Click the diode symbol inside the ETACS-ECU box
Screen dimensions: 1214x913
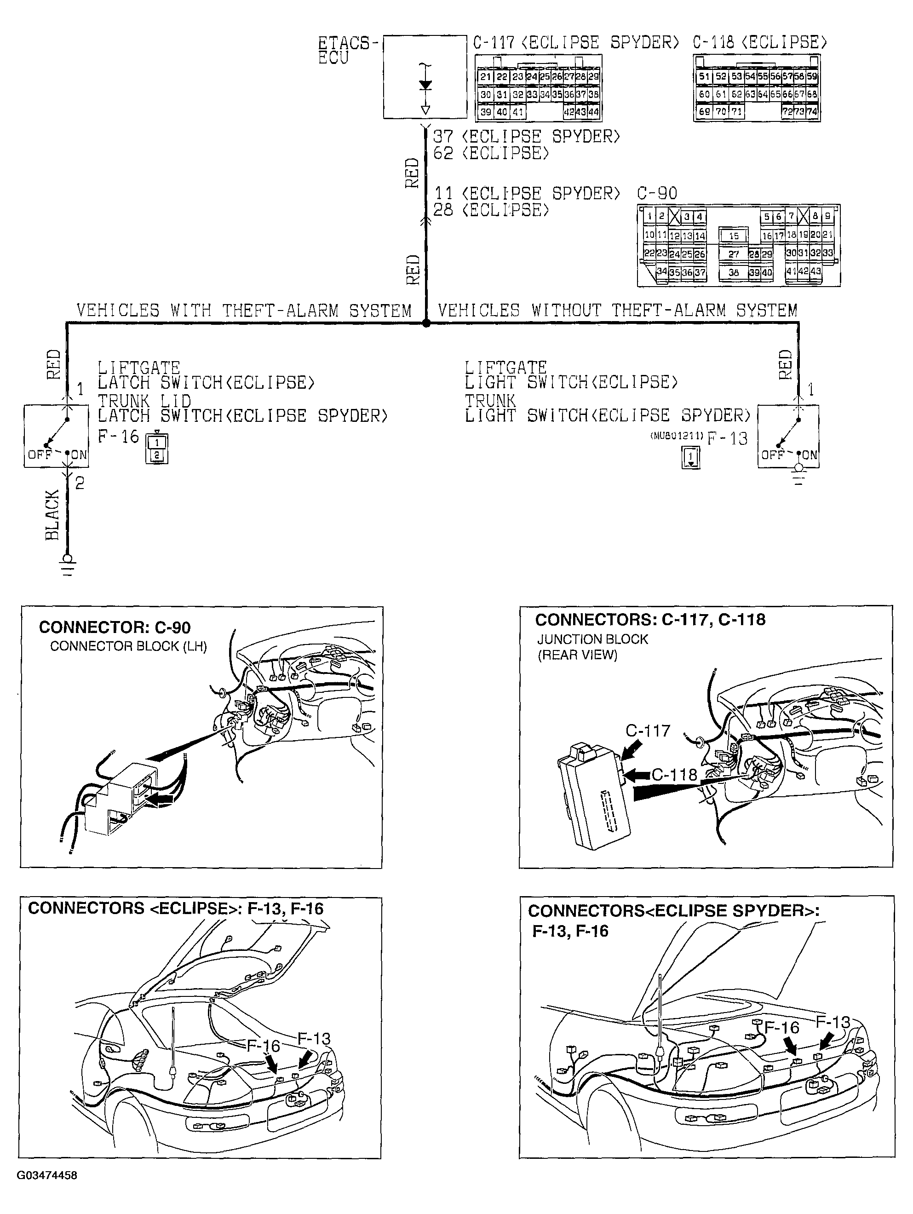tap(425, 85)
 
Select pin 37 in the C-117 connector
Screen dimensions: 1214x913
tap(581, 94)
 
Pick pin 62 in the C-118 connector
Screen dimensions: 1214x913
tap(736, 94)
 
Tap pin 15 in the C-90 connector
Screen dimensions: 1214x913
tap(734, 236)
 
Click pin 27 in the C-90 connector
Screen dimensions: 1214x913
tap(734, 254)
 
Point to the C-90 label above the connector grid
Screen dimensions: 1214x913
tap(657, 193)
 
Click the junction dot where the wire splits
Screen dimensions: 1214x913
tap(426, 324)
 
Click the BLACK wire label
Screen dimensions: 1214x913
tap(52, 515)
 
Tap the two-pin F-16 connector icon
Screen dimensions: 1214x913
tap(156, 449)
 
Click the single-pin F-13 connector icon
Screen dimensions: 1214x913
tap(691, 457)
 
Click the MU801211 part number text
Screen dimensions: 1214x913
tap(676, 436)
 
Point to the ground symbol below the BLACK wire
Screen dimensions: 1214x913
tap(68, 565)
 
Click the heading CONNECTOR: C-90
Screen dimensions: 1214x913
tap(115, 627)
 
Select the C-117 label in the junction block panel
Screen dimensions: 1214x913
tap(648, 731)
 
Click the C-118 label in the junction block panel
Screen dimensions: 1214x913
tap(674, 774)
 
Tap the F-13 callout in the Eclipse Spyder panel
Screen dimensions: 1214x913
tap(833, 1022)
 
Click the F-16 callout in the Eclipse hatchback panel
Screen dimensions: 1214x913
tap(263, 1046)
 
